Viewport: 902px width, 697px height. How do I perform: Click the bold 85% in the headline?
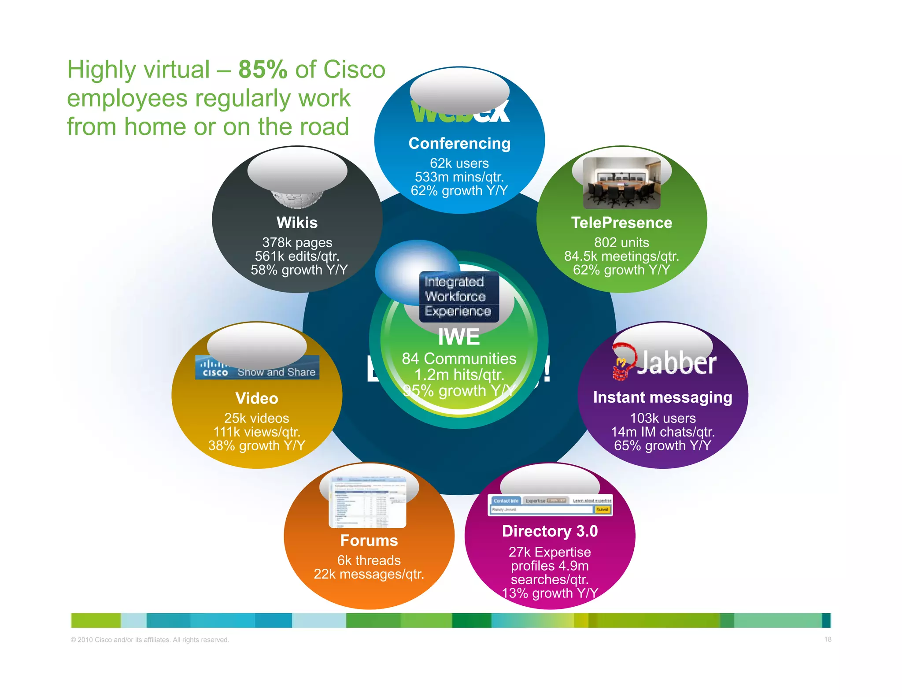(262, 70)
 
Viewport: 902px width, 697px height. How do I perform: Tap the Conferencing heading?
(459, 144)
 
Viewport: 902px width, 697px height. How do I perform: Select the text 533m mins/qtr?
(459, 177)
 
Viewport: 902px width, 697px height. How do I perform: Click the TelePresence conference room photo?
(621, 183)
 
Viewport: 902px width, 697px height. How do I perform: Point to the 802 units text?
(621, 243)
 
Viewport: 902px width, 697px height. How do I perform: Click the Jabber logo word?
(676, 363)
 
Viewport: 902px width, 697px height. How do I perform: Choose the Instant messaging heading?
(662, 397)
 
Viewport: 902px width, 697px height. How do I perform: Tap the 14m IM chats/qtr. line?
(662, 432)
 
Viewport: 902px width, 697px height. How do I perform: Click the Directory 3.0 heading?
(550, 531)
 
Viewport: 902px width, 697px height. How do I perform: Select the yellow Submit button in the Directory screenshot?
(602, 510)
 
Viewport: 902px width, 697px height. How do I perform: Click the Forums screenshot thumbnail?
(368, 502)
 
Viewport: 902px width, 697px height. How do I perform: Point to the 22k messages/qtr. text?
(369, 575)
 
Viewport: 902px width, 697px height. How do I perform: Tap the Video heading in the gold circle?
(257, 399)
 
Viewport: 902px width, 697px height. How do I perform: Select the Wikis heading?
(297, 223)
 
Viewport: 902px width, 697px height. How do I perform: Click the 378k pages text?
(297, 243)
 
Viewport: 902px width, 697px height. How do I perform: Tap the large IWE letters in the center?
(459, 337)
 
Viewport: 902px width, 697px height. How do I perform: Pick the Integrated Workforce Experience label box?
(458, 297)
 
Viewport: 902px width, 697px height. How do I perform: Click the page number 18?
(828, 639)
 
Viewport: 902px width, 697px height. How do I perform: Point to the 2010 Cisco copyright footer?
(150, 640)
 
